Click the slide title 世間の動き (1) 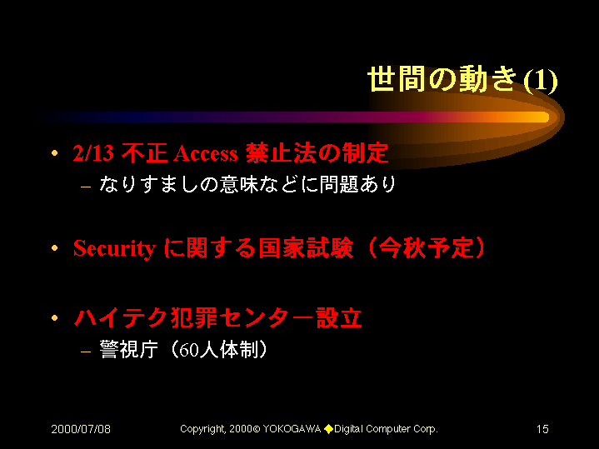tap(462, 79)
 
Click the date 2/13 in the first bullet tap(93, 152)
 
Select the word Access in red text tap(206, 153)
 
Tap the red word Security tap(114, 249)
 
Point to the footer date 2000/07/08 tap(81, 429)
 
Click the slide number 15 tap(542, 429)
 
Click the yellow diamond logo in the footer tap(328, 430)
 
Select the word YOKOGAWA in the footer tap(292, 429)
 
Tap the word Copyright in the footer tap(202, 430)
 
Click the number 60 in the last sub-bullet tap(188, 350)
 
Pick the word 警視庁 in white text tap(128, 349)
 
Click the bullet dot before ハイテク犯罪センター tap(55, 318)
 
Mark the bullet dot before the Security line tap(55, 248)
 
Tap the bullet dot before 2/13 tap(55, 153)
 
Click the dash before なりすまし tap(86, 187)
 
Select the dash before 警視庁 tap(86, 352)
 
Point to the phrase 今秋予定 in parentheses tap(427, 248)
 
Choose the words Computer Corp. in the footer tap(402, 430)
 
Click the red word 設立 tap(339, 318)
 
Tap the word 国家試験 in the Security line tap(306, 248)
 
